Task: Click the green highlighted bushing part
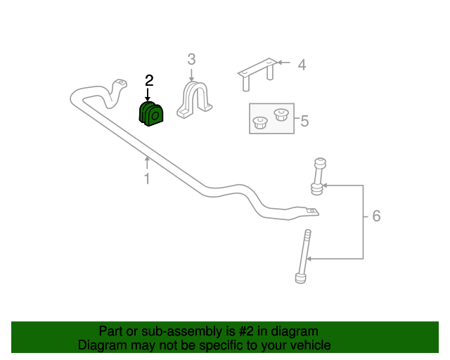(151, 114)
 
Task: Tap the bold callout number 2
(149, 81)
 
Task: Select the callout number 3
(191, 60)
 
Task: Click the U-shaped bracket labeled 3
(194, 100)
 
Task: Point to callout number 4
(302, 65)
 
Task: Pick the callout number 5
(304, 121)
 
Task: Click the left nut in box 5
(260, 122)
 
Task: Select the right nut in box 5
(281, 115)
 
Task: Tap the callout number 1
(147, 179)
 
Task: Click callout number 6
(376, 216)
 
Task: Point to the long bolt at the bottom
(303, 257)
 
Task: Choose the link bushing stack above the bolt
(319, 176)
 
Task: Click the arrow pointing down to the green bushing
(148, 94)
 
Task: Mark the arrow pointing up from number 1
(147, 162)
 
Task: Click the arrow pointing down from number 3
(191, 75)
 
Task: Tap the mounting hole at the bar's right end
(311, 212)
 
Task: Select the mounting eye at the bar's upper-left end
(122, 83)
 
